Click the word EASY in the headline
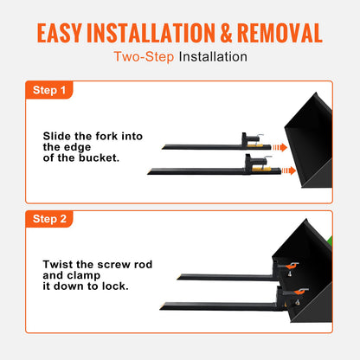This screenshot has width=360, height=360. pyautogui.click(x=70, y=33)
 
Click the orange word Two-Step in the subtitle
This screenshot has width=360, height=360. pyautogui.click(x=144, y=57)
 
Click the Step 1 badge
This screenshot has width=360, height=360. pyautogui.click(x=48, y=89)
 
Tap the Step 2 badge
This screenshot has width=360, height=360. pyautogui.click(x=48, y=220)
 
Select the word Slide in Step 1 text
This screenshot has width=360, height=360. pyautogui.click(x=58, y=136)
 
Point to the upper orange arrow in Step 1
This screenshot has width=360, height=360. pyautogui.click(x=279, y=148)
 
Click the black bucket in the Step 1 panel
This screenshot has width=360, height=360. pyautogui.click(x=312, y=138)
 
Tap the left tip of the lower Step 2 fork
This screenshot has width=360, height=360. pyautogui.click(x=163, y=304)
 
